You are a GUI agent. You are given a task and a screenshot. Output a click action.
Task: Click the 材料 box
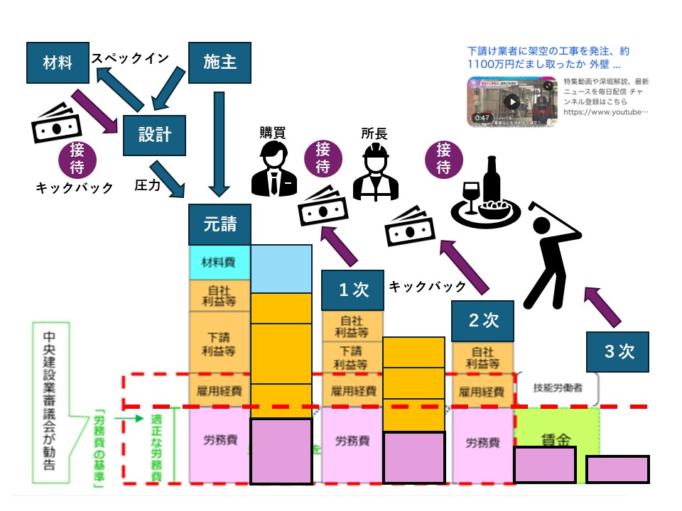click(x=58, y=62)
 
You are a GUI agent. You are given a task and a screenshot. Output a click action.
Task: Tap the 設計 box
click(x=155, y=134)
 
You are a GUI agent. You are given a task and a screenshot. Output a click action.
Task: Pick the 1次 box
click(x=347, y=290)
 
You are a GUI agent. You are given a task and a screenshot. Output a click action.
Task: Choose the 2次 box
click(x=482, y=320)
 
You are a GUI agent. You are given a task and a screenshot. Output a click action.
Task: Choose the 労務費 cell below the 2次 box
click(x=482, y=442)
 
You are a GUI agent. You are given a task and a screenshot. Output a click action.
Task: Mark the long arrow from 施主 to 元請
click(x=220, y=143)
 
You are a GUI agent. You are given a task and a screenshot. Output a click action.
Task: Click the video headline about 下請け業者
click(x=548, y=58)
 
